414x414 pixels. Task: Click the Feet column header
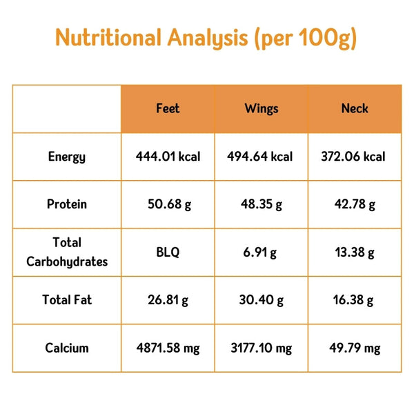coord(168,108)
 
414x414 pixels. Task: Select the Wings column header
coord(261,108)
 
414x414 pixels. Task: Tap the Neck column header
coord(355,108)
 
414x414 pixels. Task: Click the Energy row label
coord(67,157)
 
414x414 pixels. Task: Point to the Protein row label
coord(67,204)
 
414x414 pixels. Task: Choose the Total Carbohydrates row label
coord(67,252)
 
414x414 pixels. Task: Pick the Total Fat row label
coord(67,300)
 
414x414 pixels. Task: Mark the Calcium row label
coord(67,348)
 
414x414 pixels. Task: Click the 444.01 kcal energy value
coord(168,157)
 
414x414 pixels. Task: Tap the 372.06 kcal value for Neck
coord(354,157)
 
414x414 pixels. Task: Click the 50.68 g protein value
coord(168,204)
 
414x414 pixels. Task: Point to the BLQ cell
coord(168,253)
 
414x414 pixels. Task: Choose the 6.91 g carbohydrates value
coord(261,253)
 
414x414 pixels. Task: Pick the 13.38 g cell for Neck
coord(354,253)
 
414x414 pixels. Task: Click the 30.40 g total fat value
coord(261,300)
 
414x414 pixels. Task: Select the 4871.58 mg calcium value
coord(168,348)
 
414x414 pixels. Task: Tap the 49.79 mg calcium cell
coord(354,348)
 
